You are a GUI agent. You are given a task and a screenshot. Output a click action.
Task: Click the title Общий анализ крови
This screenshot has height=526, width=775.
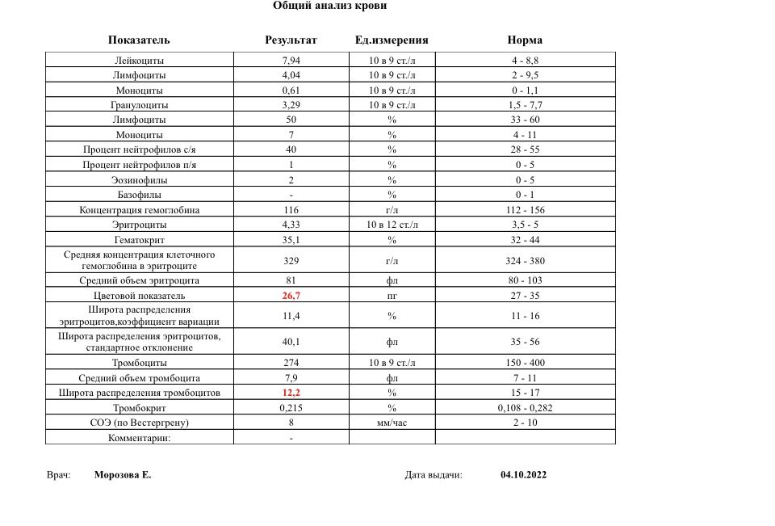[x=329, y=6]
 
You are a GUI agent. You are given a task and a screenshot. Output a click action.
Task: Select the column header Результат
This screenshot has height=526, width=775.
[x=291, y=40]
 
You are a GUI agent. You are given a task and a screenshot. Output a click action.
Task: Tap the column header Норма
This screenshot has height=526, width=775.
[x=525, y=40]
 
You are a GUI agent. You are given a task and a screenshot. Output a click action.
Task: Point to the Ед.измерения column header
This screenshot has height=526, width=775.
[x=392, y=40]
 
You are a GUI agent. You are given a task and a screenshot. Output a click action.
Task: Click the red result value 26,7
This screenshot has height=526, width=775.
[x=291, y=297]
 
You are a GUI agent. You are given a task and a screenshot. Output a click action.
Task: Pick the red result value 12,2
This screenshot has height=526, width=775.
[x=291, y=393]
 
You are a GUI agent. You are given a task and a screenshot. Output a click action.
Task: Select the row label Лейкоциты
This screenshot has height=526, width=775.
[x=140, y=61]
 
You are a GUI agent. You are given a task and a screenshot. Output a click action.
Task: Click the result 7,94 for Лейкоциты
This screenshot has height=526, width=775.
[x=291, y=61]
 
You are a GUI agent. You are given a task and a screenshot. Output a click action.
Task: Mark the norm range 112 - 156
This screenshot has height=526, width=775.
[x=525, y=210]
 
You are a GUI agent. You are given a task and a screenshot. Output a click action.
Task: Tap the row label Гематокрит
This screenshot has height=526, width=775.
[x=140, y=240]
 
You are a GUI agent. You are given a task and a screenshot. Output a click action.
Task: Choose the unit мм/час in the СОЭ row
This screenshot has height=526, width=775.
[x=392, y=423]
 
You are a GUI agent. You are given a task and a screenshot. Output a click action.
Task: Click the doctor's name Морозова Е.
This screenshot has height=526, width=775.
[x=123, y=475]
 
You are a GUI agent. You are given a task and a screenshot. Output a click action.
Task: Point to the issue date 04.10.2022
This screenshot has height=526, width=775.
[x=523, y=475]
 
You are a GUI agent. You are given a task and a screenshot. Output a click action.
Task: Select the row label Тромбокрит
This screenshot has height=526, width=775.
[x=140, y=408]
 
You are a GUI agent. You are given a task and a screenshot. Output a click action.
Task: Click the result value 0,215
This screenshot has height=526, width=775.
[x=291, y=408]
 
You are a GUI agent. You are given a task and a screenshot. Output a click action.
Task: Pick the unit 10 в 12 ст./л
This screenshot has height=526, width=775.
[x=392, y=225]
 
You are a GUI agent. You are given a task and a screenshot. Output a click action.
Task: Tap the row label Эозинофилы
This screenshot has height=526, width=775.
[x=140, y=180]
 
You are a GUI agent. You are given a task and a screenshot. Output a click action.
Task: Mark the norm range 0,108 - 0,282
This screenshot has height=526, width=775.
[x=525, y=408]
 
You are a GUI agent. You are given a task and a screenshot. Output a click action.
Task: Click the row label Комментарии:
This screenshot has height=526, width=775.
[x=140, y=438]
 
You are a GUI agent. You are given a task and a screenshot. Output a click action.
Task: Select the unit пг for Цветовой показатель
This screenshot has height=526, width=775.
[x=392, y=297]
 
